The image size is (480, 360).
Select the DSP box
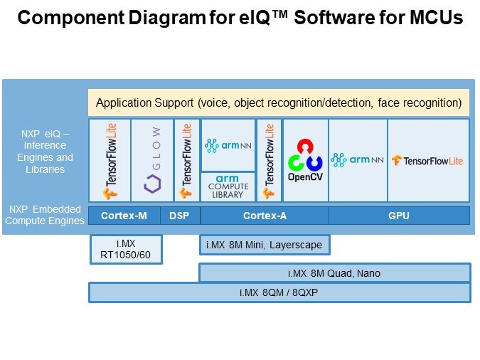180,215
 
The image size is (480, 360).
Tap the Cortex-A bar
264,215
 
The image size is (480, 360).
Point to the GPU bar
399,215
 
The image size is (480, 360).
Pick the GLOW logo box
152,160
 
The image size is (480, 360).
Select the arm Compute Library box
228,186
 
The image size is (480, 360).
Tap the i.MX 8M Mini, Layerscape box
264,245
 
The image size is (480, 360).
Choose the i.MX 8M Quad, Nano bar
334,272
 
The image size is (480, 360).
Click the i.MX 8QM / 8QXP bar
279,292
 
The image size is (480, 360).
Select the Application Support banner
279,102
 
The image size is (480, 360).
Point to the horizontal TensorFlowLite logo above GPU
428,160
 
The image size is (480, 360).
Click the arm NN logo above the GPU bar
358,160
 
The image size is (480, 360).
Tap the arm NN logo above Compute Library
228,146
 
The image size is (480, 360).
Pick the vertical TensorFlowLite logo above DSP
186,160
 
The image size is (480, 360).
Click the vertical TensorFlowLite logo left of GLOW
110,160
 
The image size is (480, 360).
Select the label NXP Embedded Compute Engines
46,215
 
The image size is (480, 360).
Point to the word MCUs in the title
433,18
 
